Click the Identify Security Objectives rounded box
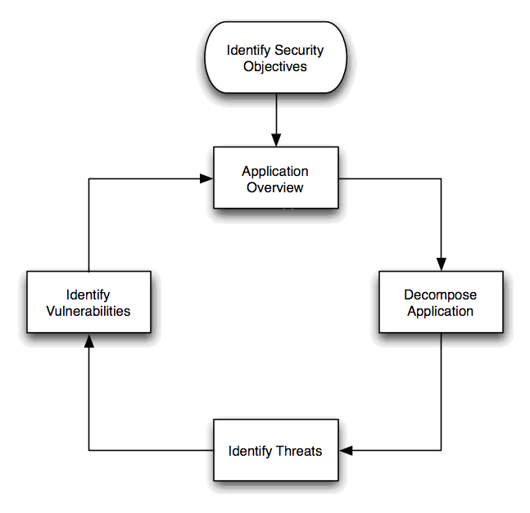click(x=275, y=58)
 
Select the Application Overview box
click(x=275, y=178)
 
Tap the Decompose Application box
click(x=441, y=302)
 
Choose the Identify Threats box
click(x=275, y=450)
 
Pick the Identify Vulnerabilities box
click(x=88, y=302)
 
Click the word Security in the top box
click(x=299, y=51)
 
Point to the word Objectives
click(x=275, y=66)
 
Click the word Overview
click(x=275, y=187)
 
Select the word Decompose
click(x=441, y=295)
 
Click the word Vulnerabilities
click(x=88, y=311)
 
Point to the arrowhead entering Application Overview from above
click(x=275, y=141)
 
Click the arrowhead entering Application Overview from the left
click(x=207, y=178)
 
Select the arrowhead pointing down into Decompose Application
click(x=441, y=264)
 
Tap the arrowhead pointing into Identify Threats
click(x=346, y=450)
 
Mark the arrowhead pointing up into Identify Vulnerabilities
click(x=88, y=340)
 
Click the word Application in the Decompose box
click(x=441, y=311)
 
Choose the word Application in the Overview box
click(x=275, y=171)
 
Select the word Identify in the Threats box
click(x=247, y=451)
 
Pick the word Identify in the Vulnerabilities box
click(x=88, y=295)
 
